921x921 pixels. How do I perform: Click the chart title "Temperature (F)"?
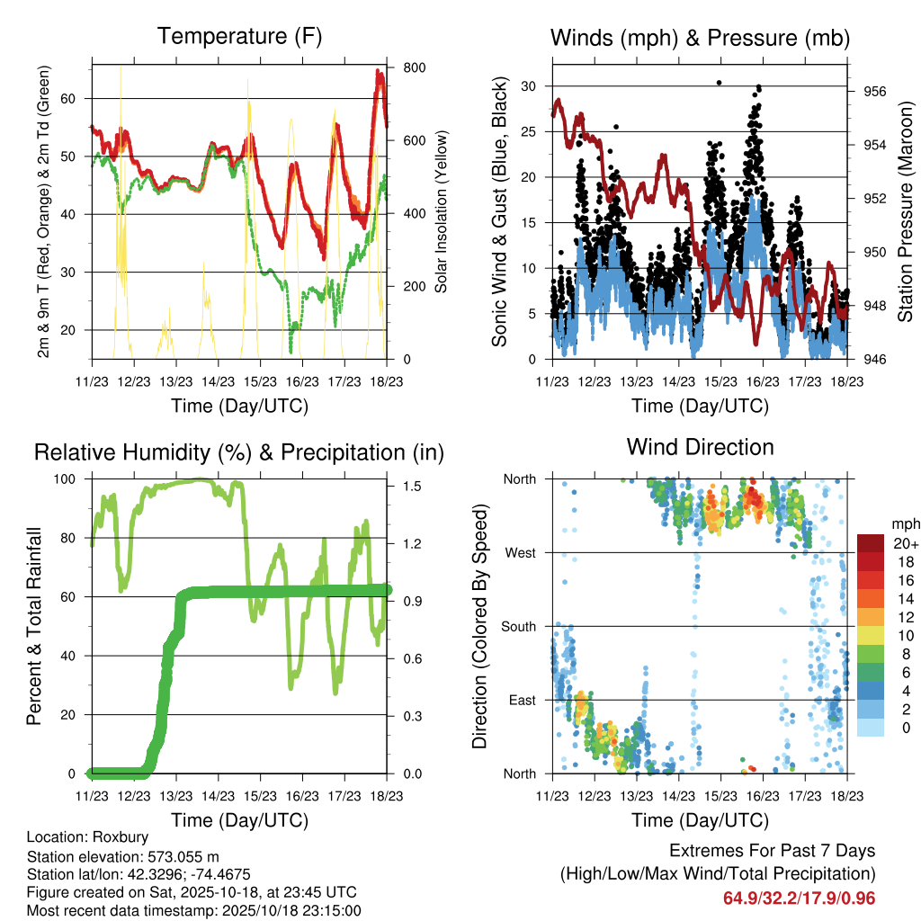[239, 37]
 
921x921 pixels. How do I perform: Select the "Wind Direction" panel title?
[700, 447]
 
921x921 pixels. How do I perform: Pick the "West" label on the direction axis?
[520, 552]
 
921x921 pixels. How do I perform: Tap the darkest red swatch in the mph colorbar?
[870, 543]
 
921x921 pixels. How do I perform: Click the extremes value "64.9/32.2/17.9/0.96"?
[799, 898]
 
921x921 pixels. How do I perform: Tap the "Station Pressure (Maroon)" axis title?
[906, 212]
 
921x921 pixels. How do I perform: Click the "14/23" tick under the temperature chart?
[218, 381]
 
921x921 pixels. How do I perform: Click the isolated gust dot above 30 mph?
[719, 83]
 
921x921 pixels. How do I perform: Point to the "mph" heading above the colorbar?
[903, 523]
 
